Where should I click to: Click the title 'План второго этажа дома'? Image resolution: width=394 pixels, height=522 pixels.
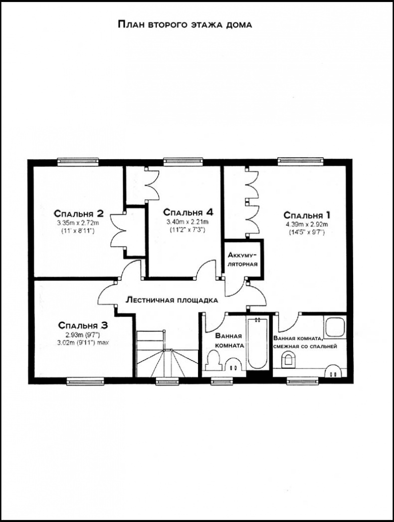tap(185, 24)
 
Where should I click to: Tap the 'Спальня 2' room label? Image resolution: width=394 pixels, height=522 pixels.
tap(79, 213)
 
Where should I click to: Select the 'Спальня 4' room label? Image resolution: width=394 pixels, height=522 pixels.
tap(188, 213)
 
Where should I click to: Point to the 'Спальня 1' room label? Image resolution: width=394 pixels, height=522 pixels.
tap(307, 215)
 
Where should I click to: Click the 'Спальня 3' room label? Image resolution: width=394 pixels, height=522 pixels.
tap(83, 325)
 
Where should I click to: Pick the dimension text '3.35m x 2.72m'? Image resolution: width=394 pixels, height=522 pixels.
tap(78, 223)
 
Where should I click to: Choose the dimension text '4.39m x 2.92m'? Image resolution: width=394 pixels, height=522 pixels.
tap(306, 224)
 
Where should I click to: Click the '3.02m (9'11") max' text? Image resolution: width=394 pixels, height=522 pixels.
tap(83, 342)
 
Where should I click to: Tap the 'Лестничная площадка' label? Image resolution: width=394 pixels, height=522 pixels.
tap(172, 300)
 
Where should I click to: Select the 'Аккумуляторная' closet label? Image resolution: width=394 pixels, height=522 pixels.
tap(242, 260)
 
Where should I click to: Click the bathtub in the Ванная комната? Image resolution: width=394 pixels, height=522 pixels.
tap(257, 343)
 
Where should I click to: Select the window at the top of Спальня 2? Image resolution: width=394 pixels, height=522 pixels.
tap(78, 162)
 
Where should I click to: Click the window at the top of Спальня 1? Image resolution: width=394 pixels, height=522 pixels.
tap(301, 161)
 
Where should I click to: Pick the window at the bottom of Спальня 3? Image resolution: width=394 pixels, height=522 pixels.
tap(85, 381)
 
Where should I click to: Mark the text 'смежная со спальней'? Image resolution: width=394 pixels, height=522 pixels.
tap(305, 346)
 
